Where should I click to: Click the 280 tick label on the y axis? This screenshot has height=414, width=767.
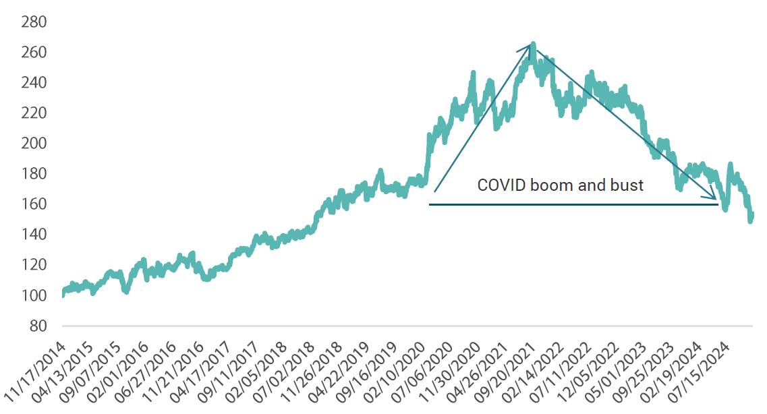33,22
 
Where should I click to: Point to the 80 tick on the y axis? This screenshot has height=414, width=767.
37,326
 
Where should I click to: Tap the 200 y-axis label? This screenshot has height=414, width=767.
33,144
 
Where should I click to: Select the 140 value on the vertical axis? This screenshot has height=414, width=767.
33,235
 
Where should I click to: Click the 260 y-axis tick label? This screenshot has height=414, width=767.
33,53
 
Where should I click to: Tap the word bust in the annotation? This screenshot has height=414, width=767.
628,185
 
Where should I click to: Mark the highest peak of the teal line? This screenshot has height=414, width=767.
533,45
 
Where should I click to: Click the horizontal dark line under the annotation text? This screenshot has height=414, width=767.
573,204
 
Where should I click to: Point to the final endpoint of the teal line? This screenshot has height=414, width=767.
752,215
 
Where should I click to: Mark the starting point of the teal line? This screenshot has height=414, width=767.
63,294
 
